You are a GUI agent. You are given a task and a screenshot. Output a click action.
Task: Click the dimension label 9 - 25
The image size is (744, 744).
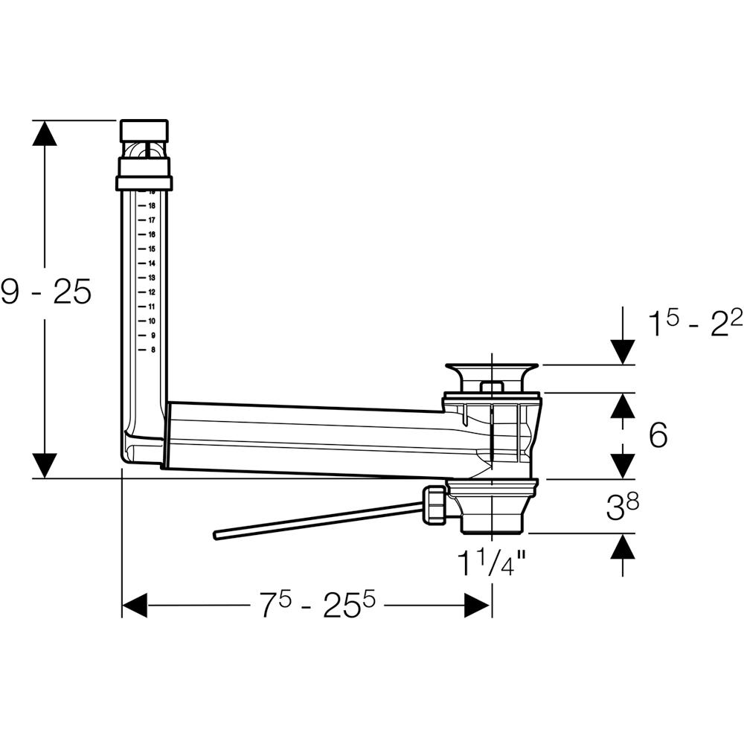pos(46,293)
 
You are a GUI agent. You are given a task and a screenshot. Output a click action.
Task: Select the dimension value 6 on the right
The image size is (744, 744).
pos(658,435)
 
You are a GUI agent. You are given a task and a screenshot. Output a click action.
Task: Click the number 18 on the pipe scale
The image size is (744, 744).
pos(151,206)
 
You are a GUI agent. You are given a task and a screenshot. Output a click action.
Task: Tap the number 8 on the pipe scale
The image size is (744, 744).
pos(153,350)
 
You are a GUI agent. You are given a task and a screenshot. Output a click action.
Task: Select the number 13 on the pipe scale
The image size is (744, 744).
pos(151,278)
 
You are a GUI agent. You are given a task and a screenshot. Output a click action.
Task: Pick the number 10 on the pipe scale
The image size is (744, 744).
pos(151,321)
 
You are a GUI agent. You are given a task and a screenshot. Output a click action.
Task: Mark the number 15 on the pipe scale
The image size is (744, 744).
pos(151,249)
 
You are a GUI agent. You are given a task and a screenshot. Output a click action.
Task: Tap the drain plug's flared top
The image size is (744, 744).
pos(490,368)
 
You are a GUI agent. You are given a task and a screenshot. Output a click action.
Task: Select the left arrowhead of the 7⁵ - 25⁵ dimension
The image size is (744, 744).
pos(135,606)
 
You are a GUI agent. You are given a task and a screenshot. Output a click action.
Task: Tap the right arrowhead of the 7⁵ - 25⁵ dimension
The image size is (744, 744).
pos(478,606)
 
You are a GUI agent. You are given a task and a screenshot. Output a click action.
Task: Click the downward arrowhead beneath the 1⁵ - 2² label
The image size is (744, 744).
pos(622,351)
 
